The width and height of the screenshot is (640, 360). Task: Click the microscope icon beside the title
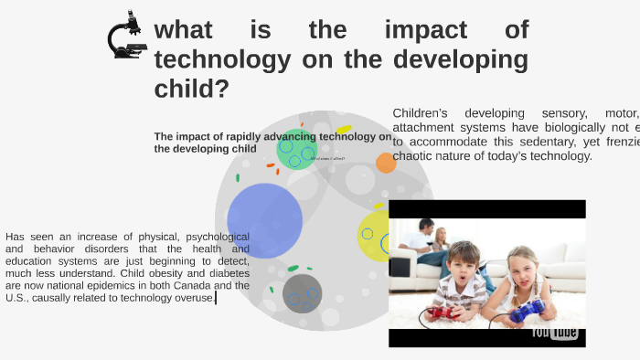click(126, 35)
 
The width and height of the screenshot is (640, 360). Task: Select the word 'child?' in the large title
click(191, 90)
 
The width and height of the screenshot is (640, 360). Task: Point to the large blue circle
click(264, 220)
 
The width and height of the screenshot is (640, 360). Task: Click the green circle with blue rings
click(296, 149)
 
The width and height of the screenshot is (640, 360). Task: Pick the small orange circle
click(386, 163)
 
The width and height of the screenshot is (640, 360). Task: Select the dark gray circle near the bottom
click(302, 293)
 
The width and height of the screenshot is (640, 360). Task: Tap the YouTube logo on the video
click(555, 332)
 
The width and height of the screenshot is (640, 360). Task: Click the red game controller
click(442, 313)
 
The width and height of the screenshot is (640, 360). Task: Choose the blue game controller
click(528, 312)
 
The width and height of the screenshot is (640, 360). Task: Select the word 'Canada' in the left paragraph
click(194, 285)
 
